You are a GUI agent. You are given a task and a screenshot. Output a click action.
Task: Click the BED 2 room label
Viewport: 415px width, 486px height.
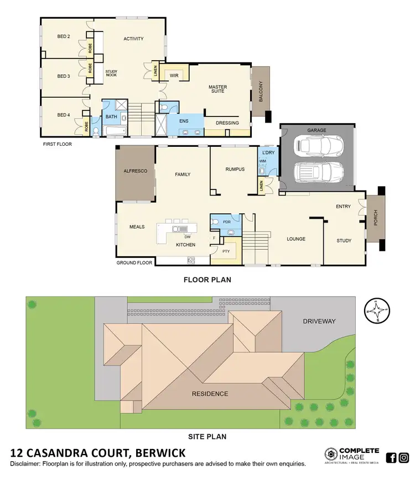[64, 36]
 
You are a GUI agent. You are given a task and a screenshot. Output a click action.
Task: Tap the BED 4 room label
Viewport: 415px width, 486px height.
[64, 115]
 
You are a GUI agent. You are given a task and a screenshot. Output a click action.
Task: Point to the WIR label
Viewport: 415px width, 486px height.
[173, 75]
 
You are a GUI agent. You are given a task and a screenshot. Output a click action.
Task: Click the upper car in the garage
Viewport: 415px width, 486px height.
[318, 146]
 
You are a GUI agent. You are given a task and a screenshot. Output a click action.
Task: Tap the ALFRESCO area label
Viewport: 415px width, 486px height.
[135, 172]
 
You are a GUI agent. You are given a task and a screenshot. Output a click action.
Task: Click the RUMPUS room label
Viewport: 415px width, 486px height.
[235, 170]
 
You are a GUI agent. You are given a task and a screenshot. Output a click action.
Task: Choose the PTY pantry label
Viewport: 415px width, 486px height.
[226, 251]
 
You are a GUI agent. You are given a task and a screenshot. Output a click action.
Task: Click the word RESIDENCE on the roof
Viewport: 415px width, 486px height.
[210, 394]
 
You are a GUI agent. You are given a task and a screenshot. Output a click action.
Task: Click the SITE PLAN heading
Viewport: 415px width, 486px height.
[207, 436]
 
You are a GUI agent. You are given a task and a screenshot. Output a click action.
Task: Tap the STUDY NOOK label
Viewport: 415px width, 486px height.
[115, 73]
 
